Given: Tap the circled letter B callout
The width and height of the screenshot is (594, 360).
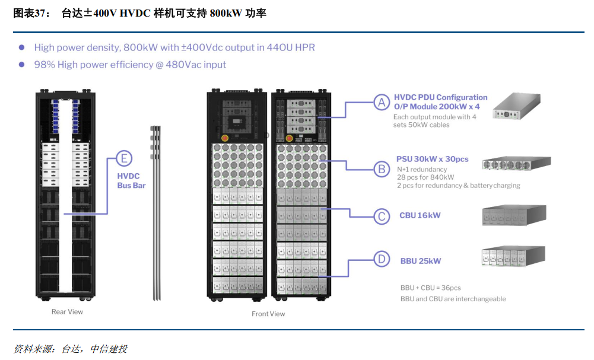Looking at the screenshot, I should (382, 169).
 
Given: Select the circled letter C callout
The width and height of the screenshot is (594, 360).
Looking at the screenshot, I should (382, 216).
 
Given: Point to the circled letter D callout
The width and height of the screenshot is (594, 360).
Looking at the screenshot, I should (382, 259).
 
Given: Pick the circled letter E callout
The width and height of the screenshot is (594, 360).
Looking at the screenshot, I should (123, 158).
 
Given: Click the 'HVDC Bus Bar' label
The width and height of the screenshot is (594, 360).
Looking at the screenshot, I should (131, 181).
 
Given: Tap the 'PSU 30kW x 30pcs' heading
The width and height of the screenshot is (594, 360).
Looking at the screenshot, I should (432, 160).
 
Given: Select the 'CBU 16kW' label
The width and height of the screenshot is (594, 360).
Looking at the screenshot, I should (420, 215).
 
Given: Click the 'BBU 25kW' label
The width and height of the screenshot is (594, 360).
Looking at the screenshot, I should (421, 260).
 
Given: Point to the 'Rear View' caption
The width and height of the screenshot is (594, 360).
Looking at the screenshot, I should (67, 311).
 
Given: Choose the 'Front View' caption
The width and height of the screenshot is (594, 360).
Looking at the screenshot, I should (268, 314).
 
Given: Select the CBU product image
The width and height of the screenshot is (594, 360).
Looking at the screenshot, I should (514, 215).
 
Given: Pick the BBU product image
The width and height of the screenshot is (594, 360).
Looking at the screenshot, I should (514, 257).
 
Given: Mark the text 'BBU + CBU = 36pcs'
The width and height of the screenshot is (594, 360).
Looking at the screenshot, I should (430, 288).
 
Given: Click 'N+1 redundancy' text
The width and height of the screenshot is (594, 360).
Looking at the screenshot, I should (422, 170).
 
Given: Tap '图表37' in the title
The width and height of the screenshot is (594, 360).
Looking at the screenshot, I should (28, 13).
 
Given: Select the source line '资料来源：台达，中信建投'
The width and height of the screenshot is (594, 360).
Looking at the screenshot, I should (71, 349).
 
